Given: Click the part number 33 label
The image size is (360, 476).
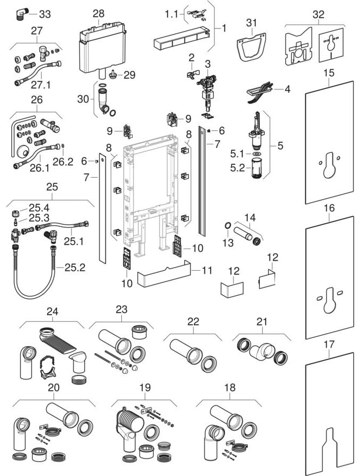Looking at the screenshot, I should [x=44, y=14].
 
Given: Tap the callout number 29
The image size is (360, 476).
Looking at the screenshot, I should [x=130, y=75].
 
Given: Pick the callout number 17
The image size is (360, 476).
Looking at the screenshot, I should [x=329, y=344].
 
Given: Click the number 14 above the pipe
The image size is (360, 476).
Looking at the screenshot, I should [x=250, y=216].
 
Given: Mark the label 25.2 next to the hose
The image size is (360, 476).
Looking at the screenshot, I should [x=74, y=268].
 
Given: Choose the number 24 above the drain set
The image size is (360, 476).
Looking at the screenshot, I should [x=51, y=312].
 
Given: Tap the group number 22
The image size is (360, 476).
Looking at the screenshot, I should [x=193, y=321].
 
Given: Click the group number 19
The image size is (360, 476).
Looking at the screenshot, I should [x=145, y=388].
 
